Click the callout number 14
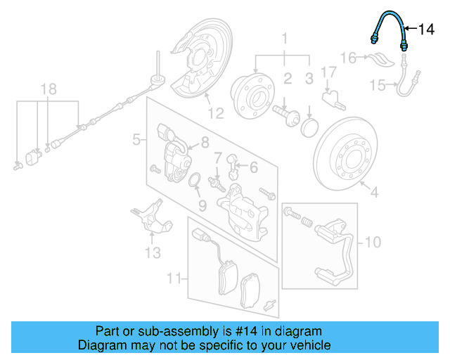(x=427, y=29)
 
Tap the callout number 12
(x=215, y=112)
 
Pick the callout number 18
(x=47, y=89)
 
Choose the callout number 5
(x=136, y=141)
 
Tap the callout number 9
(x=202, y=205)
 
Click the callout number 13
(x=153, y=252)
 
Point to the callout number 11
(x=174, y=280)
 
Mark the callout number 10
(x=372, y=243)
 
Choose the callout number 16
(x=349, y=57)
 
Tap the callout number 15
(x=378, y=85)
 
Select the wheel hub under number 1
(x=253, y=95)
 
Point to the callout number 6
(x=253, y=167)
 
